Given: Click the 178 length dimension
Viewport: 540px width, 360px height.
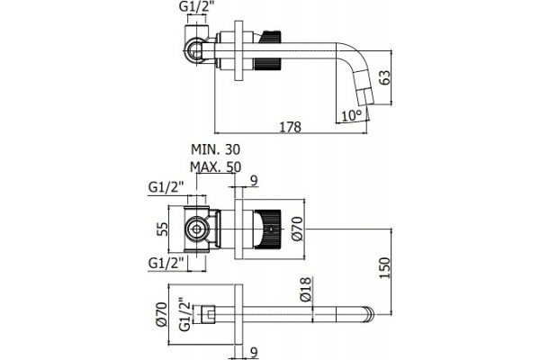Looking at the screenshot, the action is [290, 127].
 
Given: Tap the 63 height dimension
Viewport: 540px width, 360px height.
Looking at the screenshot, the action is [384, 77].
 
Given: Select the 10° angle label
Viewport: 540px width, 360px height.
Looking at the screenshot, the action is [352, 115].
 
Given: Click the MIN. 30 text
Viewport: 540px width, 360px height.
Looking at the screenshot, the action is [216, 149].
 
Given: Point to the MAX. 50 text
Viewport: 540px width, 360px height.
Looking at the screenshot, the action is [216, 167].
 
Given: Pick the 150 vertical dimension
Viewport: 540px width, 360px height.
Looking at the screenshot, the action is [384, 268].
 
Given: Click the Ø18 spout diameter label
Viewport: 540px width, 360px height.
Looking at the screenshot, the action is [306, 290].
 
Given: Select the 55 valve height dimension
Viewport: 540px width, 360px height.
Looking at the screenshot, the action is [162, 229].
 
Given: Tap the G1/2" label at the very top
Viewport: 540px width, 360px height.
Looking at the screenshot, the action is [194, 7].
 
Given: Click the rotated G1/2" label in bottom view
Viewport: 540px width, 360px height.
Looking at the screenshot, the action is [184, 314].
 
